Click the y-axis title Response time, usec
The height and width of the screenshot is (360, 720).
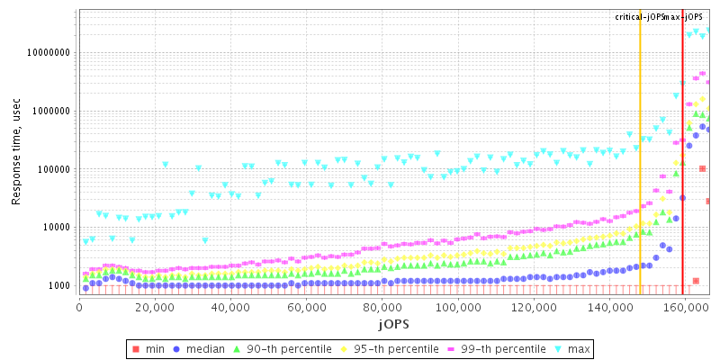(16, 152)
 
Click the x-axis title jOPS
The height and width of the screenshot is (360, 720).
(393, 322)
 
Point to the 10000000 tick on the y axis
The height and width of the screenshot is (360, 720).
(47, 53)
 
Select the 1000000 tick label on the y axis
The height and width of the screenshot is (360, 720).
(49, 112)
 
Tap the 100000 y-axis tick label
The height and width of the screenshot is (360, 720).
(52, 169)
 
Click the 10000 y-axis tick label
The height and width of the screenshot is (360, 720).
(55, 228)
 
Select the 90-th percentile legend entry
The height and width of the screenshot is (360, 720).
(281, 348)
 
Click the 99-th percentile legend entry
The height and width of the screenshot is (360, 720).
(494, 348)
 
